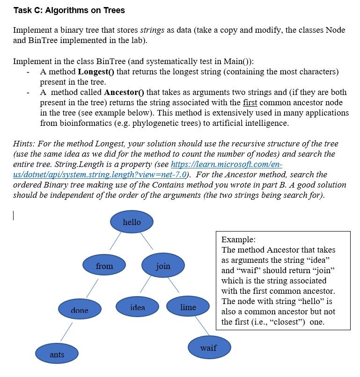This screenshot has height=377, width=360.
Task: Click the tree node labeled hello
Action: (132, 222)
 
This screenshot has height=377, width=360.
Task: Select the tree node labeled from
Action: (104, 266)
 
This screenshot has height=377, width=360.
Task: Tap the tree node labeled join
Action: (163, 266)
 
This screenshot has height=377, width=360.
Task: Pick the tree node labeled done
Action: (80, 310)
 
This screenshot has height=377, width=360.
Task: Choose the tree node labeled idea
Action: (138, 307)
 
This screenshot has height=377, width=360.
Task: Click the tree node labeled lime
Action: (188, 307)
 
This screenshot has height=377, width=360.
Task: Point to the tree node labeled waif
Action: (208, 348)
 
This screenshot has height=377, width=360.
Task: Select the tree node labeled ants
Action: (57, 354)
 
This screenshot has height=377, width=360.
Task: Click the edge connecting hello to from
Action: (116, 241)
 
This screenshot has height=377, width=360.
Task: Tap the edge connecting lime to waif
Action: (202, 326)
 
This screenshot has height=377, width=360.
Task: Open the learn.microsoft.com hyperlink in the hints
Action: (227, 165)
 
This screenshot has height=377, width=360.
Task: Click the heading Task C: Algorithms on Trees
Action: (69, 10)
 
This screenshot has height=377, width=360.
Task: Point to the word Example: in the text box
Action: (238, 239)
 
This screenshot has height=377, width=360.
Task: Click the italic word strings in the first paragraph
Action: (152, 30)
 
